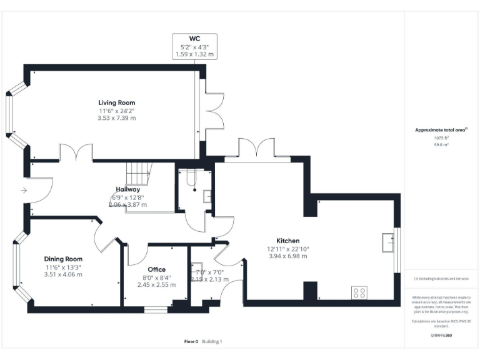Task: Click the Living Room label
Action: (x=116, y=102)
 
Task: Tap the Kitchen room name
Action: (x=288, y=241)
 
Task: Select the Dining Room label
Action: (x=63, y=259)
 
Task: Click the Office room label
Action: (x=156, y=269)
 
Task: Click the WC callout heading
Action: (x=194, y=39)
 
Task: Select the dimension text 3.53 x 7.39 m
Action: (x=116, y=118)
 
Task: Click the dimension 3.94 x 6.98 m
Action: (x=288, y=256)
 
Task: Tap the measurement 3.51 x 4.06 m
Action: (x=63, y=274)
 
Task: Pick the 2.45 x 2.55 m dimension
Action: (x=156, y=284)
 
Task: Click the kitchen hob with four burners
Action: (x=359, y=291)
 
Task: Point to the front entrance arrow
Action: (x=24, y=190)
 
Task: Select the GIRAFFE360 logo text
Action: (x=441, y=336)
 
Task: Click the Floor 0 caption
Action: (x=191, y=342)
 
